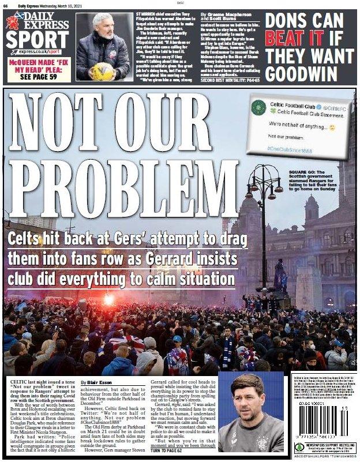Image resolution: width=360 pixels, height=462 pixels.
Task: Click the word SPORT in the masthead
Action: point(37,39)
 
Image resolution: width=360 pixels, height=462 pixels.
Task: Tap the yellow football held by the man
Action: point(103,71)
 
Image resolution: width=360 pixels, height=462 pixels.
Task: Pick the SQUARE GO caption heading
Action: point(305,171)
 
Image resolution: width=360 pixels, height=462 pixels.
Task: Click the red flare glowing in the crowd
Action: point(108,299)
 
